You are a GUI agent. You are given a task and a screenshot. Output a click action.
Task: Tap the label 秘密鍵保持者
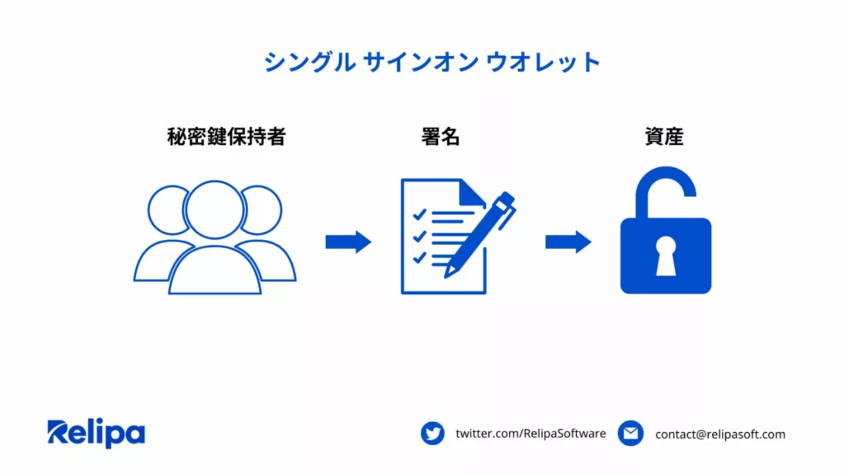click(227, 137)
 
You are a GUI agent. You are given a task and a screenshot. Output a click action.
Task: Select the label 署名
click(440, 137)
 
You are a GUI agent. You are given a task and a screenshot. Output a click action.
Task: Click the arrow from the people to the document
click(348, 242)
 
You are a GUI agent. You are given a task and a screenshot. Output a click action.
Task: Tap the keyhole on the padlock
click(665, 256)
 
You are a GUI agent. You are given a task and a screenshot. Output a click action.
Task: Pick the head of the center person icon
click(214, 209)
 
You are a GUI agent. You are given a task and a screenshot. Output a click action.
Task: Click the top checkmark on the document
click(419, 215)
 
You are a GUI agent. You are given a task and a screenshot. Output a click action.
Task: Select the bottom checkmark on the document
click(419, 257)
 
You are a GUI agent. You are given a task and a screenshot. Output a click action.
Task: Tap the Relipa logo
click(96, 433)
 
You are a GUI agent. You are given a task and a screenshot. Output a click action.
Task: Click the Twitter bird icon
click(432, 434)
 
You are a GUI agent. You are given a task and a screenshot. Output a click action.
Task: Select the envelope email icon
click(630, 434)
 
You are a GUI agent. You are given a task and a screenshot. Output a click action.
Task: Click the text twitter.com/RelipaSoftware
click(530, 434)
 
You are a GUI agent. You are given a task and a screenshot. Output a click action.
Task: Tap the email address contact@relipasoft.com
click(720, 435)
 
